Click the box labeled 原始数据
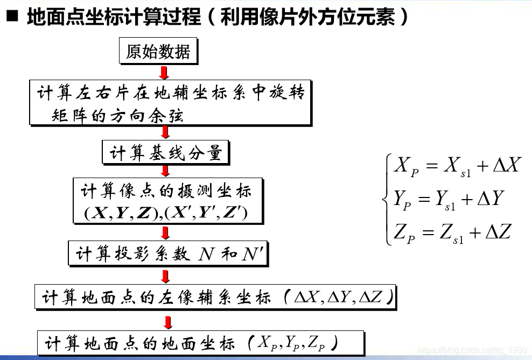click(158, 51)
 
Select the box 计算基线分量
click(166, 153)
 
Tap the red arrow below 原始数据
click(165, 73)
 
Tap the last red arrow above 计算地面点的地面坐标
click(168, 322)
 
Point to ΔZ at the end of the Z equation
click(498, 232)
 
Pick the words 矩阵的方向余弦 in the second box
click(117, 115)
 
